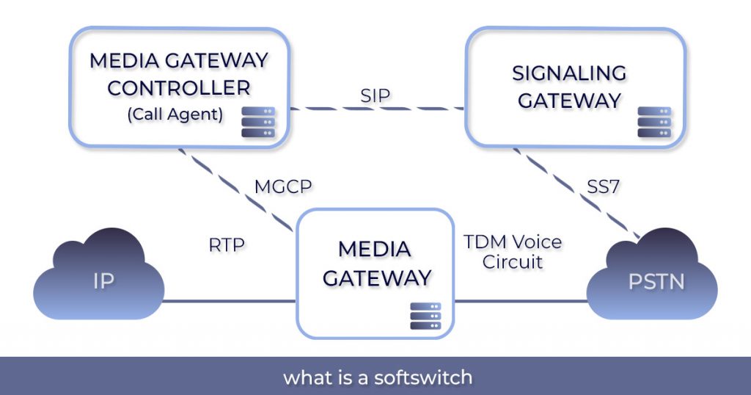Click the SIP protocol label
pos(375,95)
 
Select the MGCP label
pos(283,186)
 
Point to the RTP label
pos(227,244)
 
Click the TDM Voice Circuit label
pos(513,251)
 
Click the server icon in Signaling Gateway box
pos(654,122)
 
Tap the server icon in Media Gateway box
pos(426,316)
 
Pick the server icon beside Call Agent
pos(258,122)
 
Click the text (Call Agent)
pos(175,114)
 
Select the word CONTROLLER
pos(179,87)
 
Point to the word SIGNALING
pos(569,73)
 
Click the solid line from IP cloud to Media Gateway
pos(227,301)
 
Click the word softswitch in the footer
pos(423,378)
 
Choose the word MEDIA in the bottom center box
pos(375,249)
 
